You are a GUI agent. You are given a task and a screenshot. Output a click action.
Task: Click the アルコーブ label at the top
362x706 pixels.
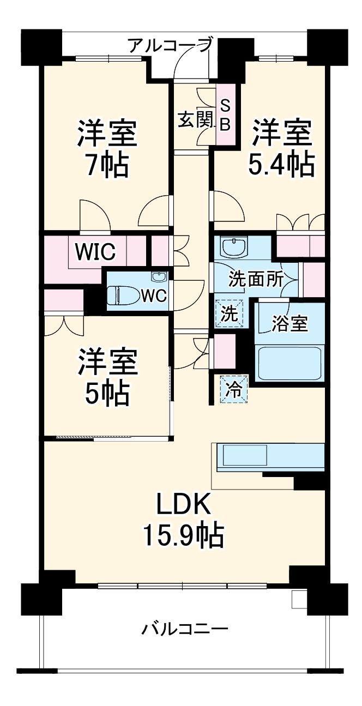(170, 45)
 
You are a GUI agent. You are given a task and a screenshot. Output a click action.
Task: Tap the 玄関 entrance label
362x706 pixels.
(195, 120)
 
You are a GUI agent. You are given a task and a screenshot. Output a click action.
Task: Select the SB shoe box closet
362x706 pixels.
(225, 115)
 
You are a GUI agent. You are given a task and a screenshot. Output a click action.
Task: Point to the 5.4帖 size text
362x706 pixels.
(281, 164)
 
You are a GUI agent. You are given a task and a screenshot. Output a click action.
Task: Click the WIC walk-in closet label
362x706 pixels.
(95, 251)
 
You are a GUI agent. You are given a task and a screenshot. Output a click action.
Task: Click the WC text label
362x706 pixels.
(153, 296)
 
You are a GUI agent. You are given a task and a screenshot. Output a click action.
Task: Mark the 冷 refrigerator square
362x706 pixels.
(233, 390)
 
